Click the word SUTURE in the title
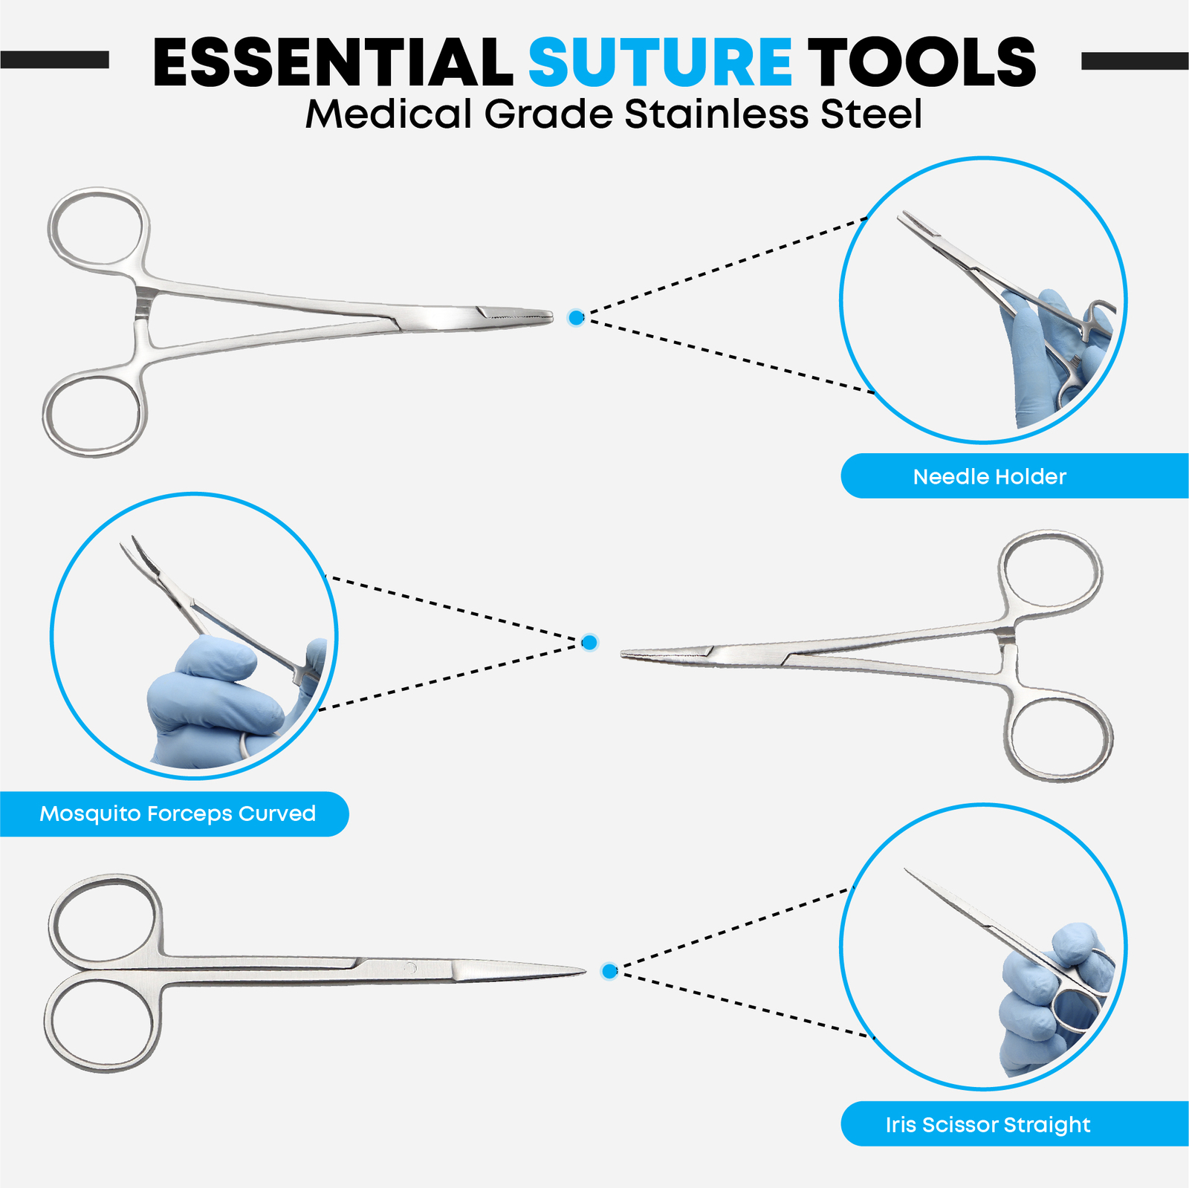point(660,62)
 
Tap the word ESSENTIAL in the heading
point(332,62)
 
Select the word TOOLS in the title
point(921,62)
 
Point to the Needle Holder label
point(989,476)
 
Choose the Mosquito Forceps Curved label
point(177,814)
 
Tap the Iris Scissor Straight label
point(988,1124)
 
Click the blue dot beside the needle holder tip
point(576,318)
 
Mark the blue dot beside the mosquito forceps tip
point(589,642)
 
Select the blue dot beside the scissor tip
point(609,970)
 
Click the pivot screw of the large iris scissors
point(409,967)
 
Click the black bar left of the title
point(54,60)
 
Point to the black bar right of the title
point(1135,61)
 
